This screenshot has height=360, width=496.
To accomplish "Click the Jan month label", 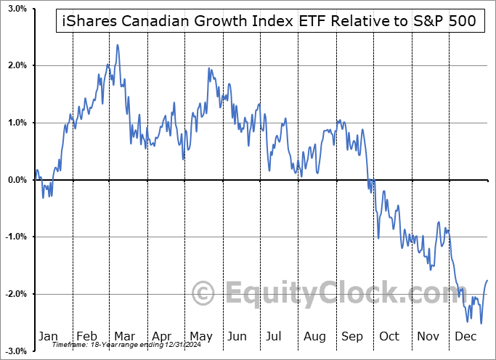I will (x=48, y=336).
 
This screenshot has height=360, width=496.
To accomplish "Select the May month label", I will (x=202, y=336).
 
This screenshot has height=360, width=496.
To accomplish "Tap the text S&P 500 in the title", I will (x=445, y=21).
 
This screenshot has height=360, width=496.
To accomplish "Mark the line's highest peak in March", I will (x=117, y=45).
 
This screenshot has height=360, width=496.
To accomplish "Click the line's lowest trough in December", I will (x=481, y=324).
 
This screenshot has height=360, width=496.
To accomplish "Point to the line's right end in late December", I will (x=487, y=280).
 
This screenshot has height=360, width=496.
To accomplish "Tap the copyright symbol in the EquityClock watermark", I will (x=205, y=294).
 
